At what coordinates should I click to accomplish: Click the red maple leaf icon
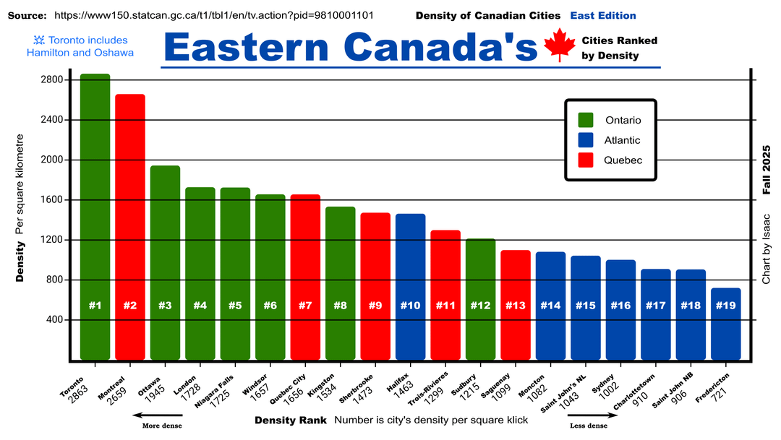558,45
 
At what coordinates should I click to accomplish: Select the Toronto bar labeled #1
95,217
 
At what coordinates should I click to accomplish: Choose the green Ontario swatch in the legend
586,120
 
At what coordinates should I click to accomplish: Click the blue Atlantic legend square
586,140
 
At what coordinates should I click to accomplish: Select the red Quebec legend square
586,160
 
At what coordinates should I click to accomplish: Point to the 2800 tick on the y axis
55,80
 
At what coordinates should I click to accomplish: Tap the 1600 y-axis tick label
55,200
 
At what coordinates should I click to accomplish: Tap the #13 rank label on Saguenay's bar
516,306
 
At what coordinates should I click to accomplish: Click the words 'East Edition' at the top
603,15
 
